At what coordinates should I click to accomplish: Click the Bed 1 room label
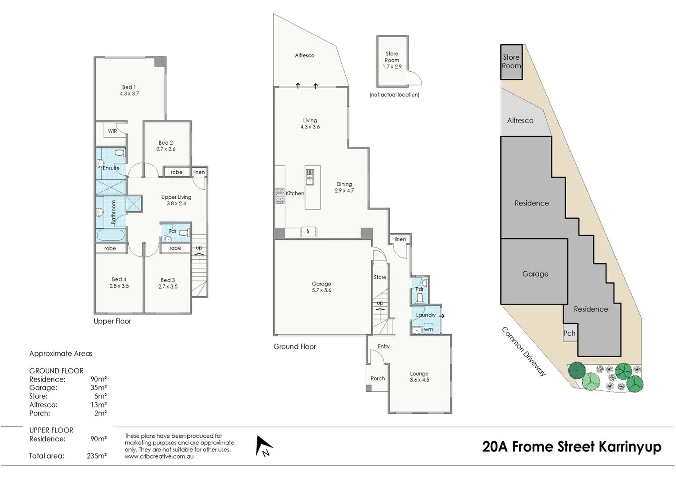pos(129,87)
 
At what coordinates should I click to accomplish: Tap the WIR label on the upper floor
pos(112,131)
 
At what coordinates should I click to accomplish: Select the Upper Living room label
pos(176,197)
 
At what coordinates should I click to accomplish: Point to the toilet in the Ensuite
pos(119,153)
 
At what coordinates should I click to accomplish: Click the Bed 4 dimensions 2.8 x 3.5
pos(119,286)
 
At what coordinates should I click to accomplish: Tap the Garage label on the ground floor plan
pos(321,284)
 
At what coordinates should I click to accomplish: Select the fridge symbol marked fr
pos(308,231)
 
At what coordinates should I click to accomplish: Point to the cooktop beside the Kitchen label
pos(280,195)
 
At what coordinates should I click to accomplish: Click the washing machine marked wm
pos(428,329)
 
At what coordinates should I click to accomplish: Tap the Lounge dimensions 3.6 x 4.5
pos(419,380)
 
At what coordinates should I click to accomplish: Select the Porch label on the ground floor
pos(378,378)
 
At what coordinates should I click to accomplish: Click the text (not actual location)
pos(394,95)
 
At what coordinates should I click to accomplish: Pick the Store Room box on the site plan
pos(511,62)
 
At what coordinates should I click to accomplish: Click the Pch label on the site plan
pos(569,333)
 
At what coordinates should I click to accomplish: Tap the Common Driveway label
pos(524,351)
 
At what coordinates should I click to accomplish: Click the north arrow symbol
pos(264,446)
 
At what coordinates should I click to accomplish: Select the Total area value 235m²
pos(97,456)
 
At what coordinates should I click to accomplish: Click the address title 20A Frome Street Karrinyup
pos(572,447)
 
